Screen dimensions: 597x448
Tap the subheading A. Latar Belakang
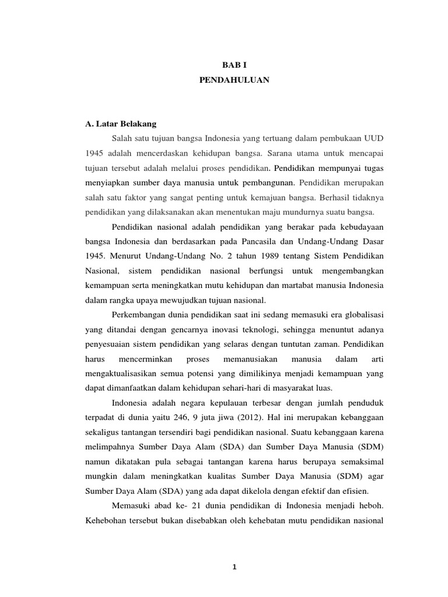click(121, 124)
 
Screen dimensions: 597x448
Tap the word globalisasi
click(362, 315)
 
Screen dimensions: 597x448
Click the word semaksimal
click(362, 461)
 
